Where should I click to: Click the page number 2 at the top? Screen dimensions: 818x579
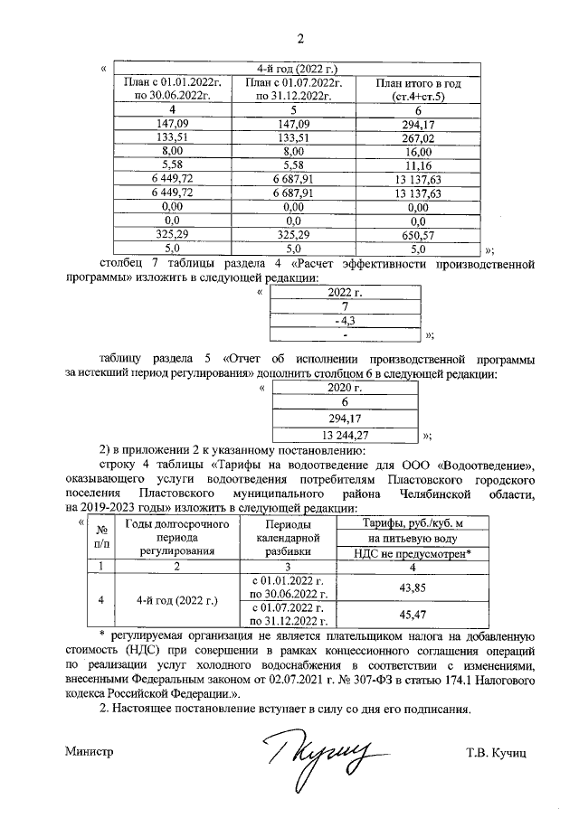[301, 37]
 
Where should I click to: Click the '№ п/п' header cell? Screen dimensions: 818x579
[101, 536]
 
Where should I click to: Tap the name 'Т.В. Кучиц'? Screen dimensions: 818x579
[497, 751]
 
